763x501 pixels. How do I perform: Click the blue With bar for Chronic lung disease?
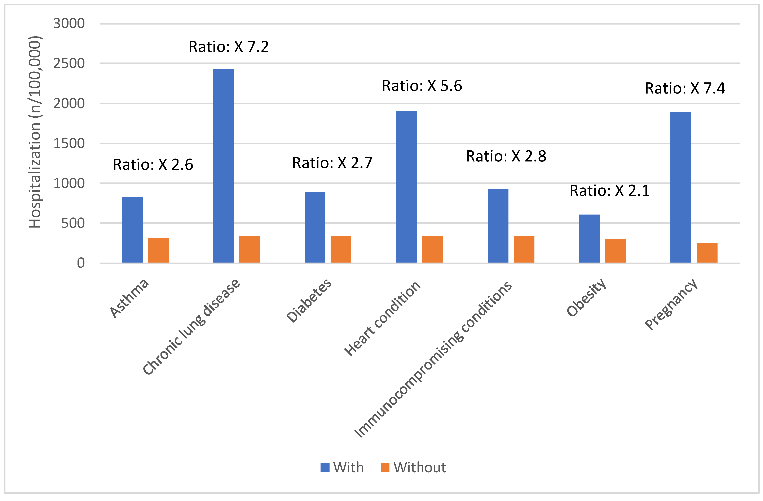click(x=224, y=166)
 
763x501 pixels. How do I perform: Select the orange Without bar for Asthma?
click(x=158, y=250)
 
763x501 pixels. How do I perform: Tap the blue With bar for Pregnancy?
click(x=681, y=187)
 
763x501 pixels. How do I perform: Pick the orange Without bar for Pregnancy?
click(x=707, y=253)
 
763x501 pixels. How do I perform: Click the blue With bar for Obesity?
click(x=589, y=239)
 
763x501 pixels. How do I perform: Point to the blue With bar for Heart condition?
click(x=406, y=187)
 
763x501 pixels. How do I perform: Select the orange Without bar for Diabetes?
click(x=341, y=250)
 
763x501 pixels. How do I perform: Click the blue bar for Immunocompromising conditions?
click(x=498, y=226)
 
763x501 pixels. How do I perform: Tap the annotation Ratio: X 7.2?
click(x=229, y=47)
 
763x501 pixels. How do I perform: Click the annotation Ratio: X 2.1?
click(x=609, y=191)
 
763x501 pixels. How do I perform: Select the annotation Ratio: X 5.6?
click(x=422, y=86)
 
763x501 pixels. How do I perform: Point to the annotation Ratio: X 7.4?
click(x=685, y=88)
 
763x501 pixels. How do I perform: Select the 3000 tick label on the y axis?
click(x=69, y=23)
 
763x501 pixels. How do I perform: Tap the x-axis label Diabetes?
click(x=309, y=300)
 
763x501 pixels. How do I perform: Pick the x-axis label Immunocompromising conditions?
click(x=433, y=359)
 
